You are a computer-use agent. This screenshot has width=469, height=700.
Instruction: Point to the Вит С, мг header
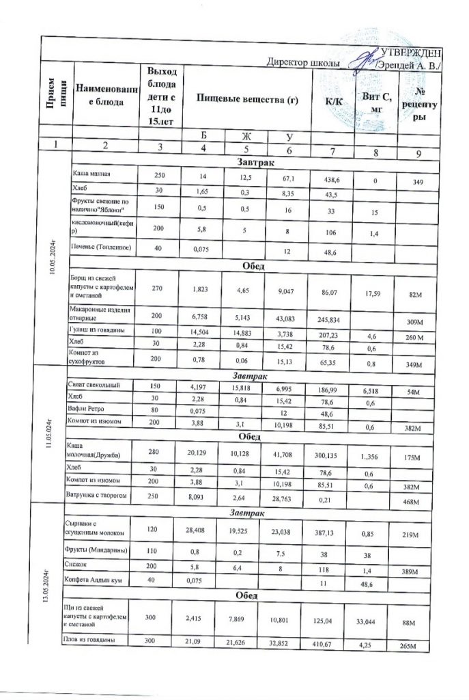tap(378, 101)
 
